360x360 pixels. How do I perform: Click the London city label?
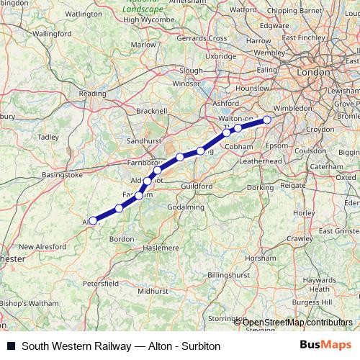(313, 73)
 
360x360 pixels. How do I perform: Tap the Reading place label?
(92, 93)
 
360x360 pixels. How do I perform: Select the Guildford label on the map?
(197, 186)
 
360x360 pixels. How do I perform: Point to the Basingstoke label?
(63, 174)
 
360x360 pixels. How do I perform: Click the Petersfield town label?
(100, 284)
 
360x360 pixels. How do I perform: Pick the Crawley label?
(300, 238)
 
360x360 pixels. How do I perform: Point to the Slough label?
(191, 71)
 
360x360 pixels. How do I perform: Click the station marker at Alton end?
(93, 220)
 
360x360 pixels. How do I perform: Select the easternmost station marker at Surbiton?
(267, 120)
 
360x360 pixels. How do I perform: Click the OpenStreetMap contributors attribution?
(297, 322)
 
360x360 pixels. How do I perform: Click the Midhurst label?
(151, 291)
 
